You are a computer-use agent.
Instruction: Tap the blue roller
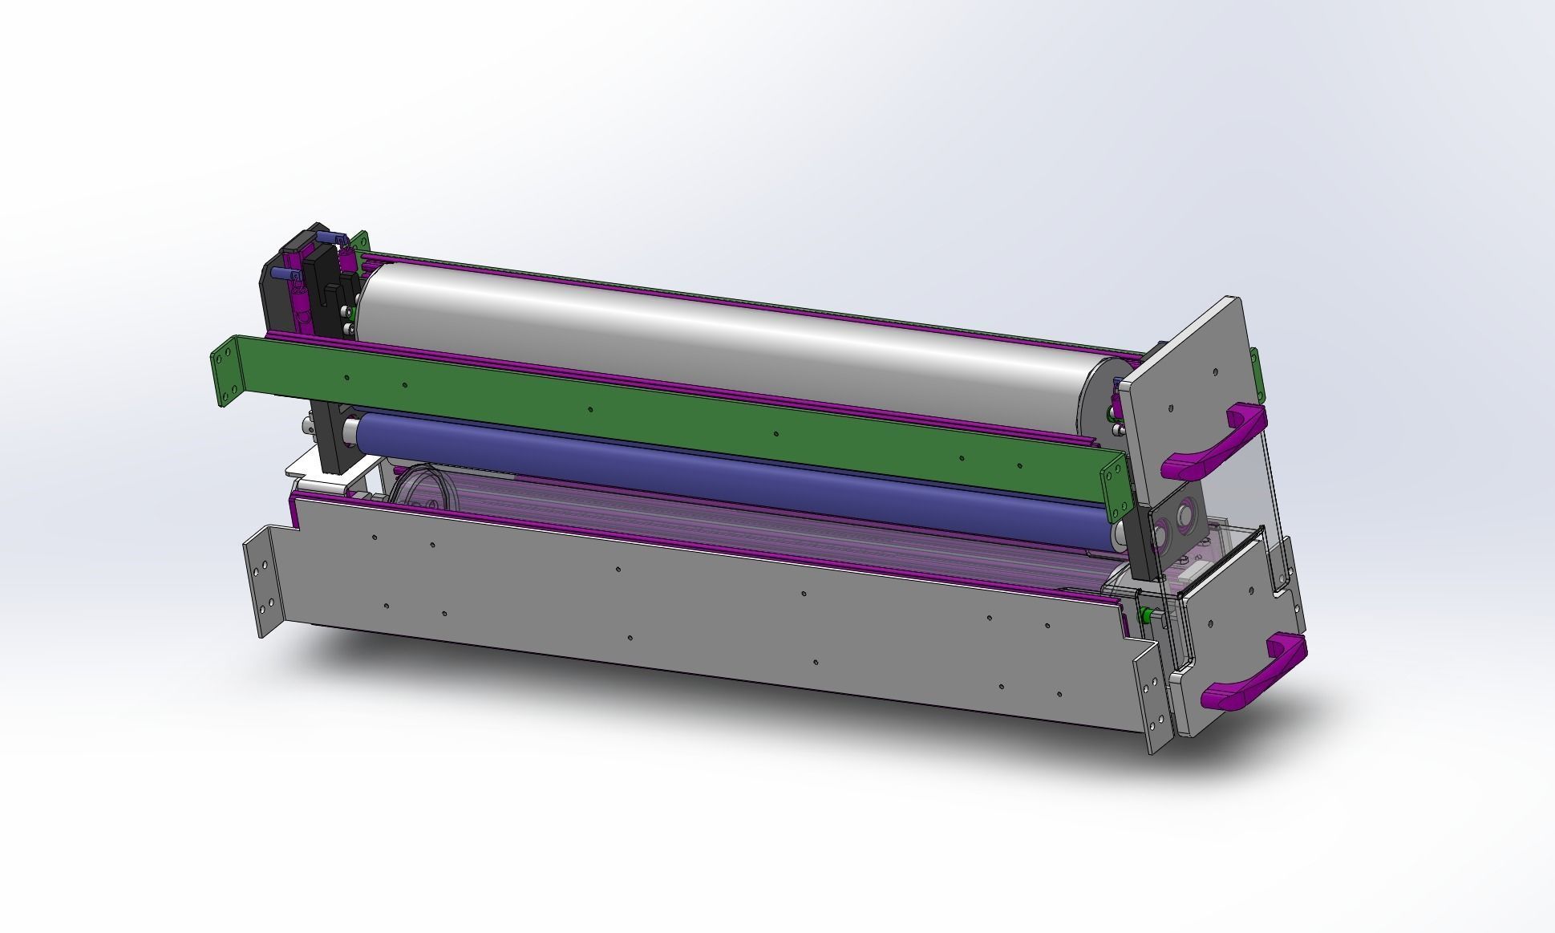722,474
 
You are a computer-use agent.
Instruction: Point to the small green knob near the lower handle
1146,615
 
